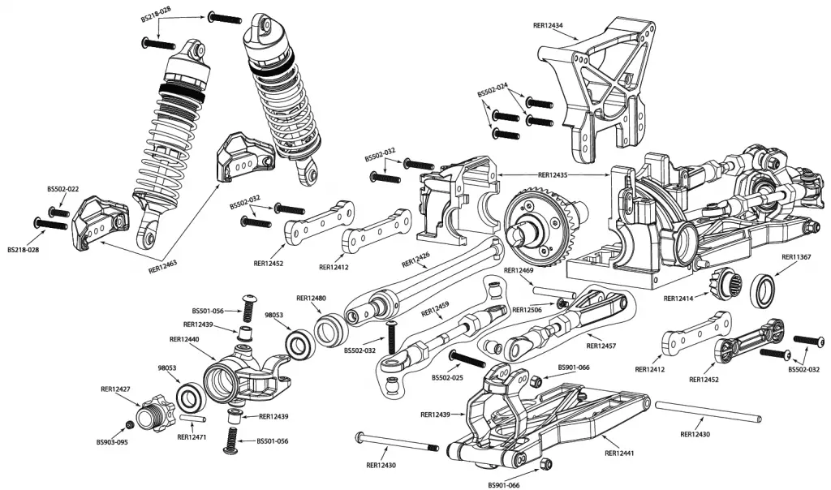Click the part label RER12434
click(548, 26)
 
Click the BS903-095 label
click(112, 442)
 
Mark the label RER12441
click(620, 453)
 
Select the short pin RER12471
click(193, 419)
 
